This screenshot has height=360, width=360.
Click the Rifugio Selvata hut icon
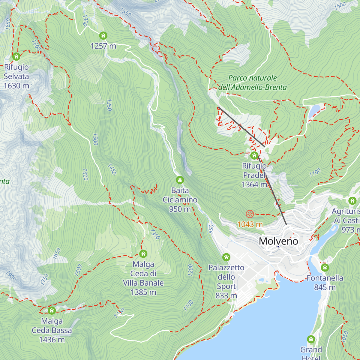(16, 56)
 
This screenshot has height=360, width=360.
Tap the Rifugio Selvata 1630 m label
(16, 76)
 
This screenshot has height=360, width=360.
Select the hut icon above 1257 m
(103, 36)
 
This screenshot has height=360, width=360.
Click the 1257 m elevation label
(103, 46)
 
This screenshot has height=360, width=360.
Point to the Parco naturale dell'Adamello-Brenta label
(252, 82)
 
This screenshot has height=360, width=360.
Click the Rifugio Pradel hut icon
(254, 155)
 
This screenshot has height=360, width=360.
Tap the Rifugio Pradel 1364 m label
(254, 175)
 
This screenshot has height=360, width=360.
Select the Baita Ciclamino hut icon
(180, 180)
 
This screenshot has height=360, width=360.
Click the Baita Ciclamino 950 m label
(180, 200)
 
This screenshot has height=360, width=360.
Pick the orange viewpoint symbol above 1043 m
(250, 214)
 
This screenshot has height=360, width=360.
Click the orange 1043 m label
(250, 224)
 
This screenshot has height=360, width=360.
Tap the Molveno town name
(278, 241)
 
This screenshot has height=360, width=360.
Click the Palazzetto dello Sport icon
(226, 257)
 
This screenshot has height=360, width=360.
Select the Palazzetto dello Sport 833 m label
(226, 281)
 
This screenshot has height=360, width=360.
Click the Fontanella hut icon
(325, 267)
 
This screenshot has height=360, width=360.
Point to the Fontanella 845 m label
(325, 283)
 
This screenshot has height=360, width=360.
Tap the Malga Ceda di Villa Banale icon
(143, 254)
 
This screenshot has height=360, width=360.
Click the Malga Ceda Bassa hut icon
(52, 310)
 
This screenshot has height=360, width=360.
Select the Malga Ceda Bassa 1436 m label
(52, 330)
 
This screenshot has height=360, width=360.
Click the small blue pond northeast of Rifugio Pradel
(314, 110)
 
